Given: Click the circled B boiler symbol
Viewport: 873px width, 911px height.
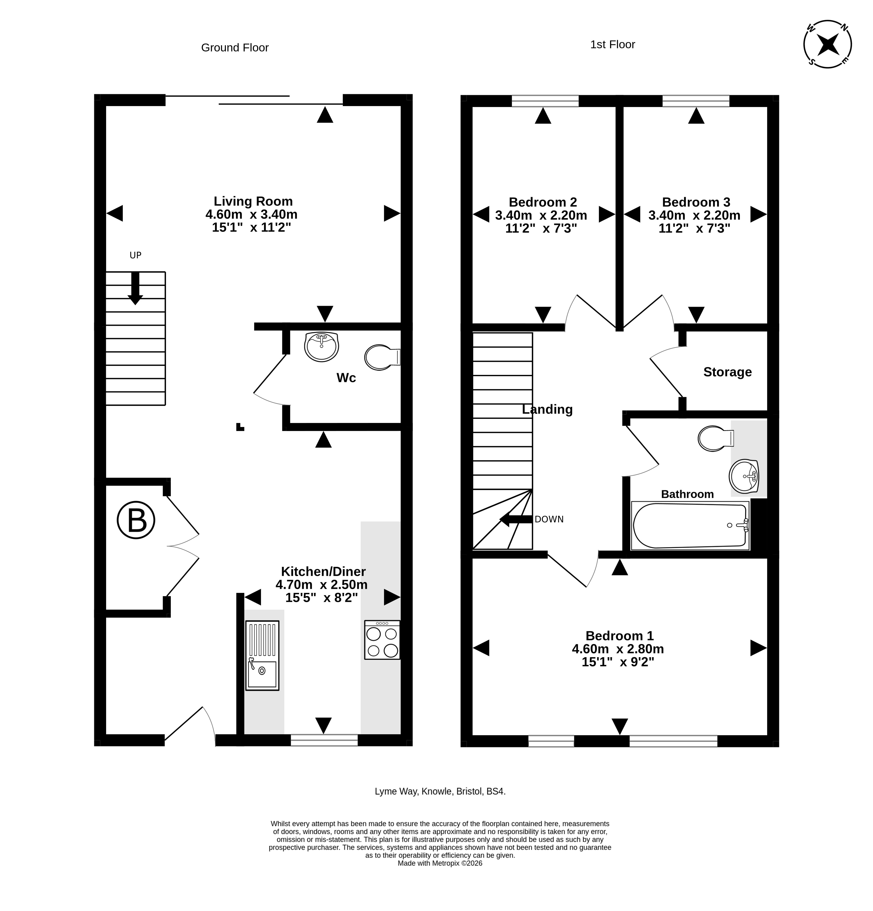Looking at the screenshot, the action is tap(136, 520).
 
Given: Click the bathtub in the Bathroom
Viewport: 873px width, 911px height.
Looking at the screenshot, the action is tap(690, 526).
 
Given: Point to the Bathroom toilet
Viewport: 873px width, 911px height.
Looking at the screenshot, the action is tap(716, 438).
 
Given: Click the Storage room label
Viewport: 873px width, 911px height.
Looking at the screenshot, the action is tap(727, 372).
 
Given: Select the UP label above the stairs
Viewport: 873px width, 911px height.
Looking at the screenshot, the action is tap(135, 255).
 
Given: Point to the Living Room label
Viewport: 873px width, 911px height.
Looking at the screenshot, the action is tap(253, 201).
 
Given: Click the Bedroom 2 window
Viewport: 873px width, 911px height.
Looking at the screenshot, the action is tap(545, 101).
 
